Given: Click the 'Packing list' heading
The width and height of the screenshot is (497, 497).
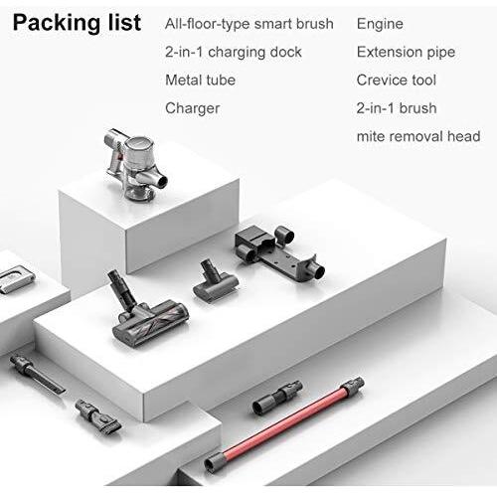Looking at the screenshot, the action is pos(77,23).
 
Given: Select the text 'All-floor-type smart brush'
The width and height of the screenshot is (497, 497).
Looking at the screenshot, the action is pos(249,24).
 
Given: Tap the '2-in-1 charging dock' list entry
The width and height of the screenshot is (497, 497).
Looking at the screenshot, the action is pos(234,53).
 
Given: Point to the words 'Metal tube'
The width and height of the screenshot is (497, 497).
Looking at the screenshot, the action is pos(200,81).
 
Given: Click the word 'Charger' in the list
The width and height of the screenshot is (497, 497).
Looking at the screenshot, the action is pos(192,108).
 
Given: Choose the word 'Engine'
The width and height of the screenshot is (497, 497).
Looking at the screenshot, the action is pos(380,24).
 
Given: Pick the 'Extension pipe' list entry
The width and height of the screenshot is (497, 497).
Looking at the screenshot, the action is pos(406,53).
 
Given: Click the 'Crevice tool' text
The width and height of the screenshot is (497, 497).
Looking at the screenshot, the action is pos(397,81).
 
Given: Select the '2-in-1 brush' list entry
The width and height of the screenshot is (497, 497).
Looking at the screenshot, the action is pos(397,108).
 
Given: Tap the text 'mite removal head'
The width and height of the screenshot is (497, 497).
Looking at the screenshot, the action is pos(418,136).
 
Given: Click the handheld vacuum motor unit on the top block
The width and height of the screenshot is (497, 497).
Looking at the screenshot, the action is pos(136,164).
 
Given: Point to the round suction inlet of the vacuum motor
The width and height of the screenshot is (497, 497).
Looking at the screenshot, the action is pos(162,182).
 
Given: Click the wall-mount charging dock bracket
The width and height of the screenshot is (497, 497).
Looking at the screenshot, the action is pos(278,251).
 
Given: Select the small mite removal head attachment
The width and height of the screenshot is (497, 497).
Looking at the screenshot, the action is pos(216,281).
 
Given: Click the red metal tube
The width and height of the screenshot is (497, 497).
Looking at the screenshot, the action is pos(283,423).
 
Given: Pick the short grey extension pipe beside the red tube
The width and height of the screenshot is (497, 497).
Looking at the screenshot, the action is pos(277,397).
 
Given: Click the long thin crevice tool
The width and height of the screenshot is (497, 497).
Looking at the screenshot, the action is pos(37,374).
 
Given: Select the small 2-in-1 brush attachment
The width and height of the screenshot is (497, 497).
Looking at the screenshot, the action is pos(97,415).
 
